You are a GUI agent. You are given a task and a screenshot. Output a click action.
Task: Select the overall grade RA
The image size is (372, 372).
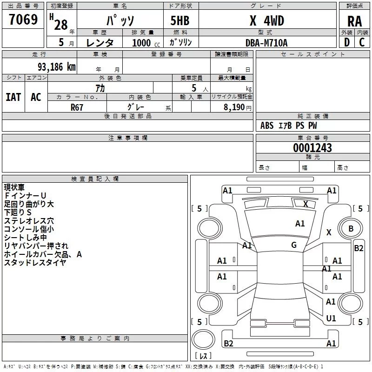(354, 21)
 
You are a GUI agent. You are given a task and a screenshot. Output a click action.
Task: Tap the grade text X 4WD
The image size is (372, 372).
(266, 20)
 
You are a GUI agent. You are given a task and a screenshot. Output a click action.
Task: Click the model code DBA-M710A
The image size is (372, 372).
(266, 42)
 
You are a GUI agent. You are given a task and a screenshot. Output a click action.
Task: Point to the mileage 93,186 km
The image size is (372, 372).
(53, 67)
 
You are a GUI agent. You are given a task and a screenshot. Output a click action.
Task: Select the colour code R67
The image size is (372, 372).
(77, 107)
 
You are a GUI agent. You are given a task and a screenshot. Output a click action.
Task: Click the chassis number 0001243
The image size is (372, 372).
(312, 148)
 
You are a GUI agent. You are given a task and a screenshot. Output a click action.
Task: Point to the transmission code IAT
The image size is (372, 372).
(13, 97)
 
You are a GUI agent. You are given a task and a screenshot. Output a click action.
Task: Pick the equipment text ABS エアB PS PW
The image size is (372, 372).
(288, 126)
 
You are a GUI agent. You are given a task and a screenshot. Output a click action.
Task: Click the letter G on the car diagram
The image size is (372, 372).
(294, 245)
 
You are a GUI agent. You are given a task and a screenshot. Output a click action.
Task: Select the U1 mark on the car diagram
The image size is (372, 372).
(331, 319)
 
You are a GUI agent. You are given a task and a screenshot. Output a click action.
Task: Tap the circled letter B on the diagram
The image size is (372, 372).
(351, 228)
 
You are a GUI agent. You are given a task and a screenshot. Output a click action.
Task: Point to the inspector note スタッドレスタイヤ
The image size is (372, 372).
(35, 263)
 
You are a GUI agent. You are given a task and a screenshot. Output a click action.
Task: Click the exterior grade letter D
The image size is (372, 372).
(346, 42)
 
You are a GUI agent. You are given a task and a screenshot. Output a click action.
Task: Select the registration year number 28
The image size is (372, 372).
(61, 25)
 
